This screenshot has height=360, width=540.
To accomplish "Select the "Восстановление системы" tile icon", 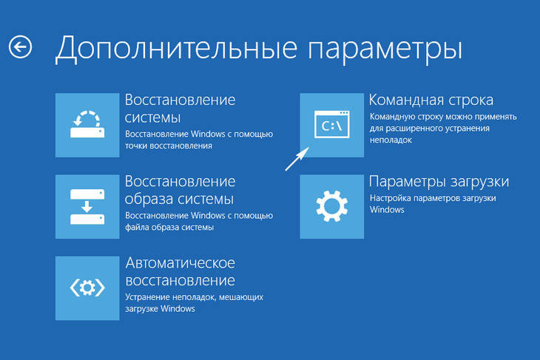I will click(x=87, y=125).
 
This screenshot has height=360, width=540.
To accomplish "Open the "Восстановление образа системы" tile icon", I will click(x=87, y=206).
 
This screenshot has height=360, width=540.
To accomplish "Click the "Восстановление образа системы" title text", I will click(x=180, y=190).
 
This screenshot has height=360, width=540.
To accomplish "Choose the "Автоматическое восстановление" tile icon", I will click(x=87, y=288).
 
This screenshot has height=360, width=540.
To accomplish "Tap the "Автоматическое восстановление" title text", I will click(x=180, y=271).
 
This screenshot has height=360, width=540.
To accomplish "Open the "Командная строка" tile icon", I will click(x=331, y=125).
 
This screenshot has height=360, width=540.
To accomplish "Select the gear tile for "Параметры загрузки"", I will click(x=331, y=206).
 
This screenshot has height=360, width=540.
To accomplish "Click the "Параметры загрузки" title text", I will click(x=439, y=182).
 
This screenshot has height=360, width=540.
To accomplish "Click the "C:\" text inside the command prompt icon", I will click(x=331, y=126).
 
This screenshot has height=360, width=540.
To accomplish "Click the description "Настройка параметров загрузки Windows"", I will click(x=432, y=204).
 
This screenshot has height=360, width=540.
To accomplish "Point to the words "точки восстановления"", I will click(x=169, y=146).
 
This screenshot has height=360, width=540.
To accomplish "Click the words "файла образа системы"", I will click(x=169, y=228).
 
